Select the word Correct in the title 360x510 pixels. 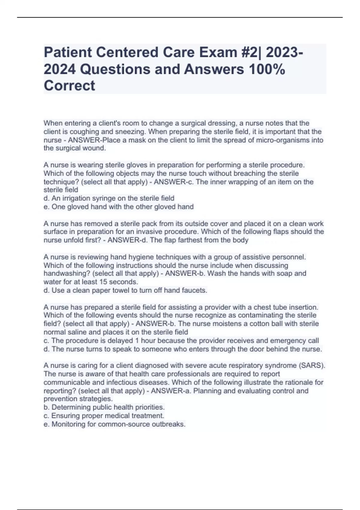click(69, 85)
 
